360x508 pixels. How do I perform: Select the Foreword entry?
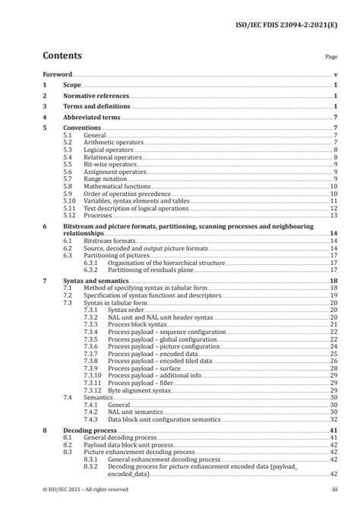click(57, 76)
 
